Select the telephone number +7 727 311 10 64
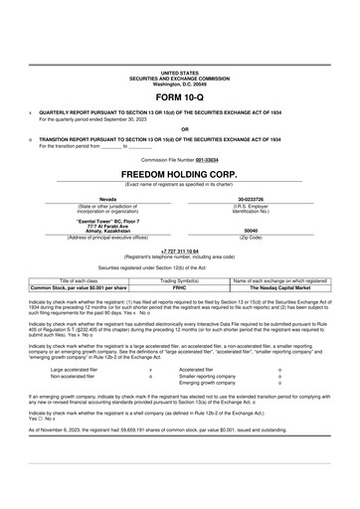(x=180, y=252)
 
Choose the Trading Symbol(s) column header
(x=180, y=281)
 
